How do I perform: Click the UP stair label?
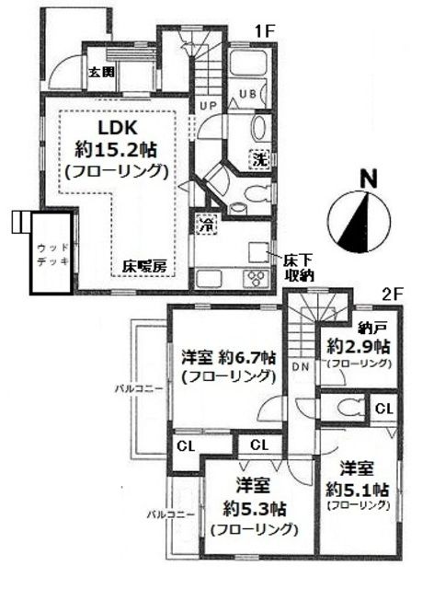208,106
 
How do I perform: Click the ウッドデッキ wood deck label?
48,255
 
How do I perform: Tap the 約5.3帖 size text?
255,506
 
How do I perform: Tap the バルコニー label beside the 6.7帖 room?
141,388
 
